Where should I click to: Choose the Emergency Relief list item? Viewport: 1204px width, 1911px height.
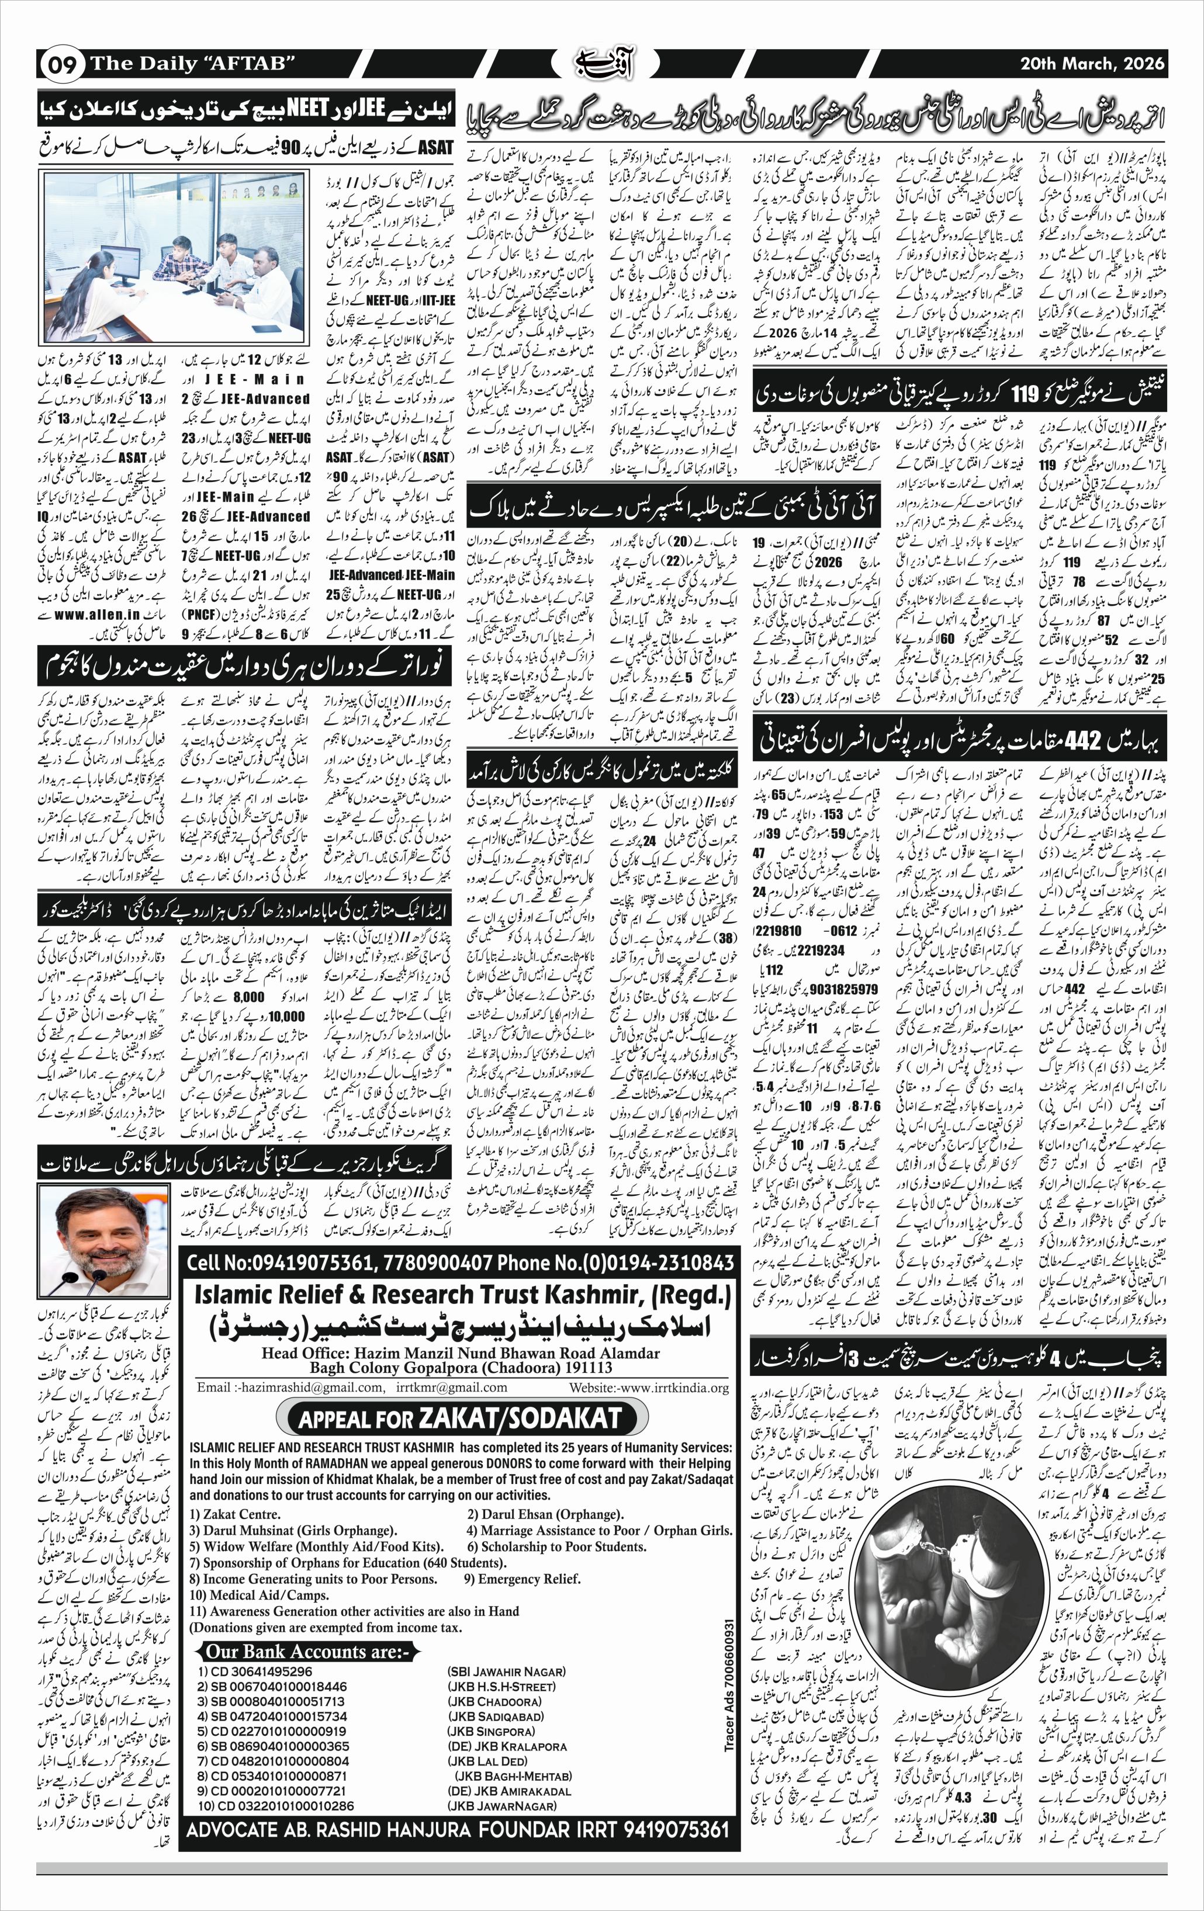pos(523,1577)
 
